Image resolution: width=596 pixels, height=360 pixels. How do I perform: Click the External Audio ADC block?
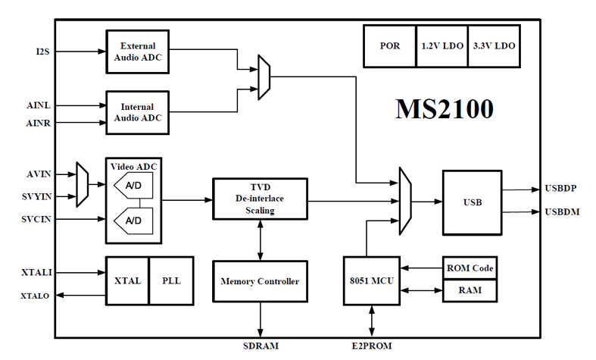click(138, 52)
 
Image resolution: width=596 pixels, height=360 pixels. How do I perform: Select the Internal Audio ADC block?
click(138, 113)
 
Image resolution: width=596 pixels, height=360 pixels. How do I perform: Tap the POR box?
click(390, 46)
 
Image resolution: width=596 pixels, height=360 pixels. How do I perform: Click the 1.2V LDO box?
click(442, 46)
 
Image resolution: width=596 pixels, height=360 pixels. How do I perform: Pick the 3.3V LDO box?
click(494, 46)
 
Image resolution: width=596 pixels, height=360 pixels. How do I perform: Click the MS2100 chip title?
click(445, 109)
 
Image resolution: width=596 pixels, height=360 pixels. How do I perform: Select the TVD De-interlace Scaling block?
click(260, 199)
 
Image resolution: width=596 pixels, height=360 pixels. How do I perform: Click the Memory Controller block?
click(260, 282)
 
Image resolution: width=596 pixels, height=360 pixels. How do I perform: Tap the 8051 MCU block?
click(372, 281)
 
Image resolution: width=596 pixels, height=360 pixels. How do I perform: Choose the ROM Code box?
click(470, 268)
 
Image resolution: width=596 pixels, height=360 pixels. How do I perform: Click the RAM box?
click(470, 291)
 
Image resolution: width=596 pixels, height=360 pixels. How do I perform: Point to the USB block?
click(473, 202)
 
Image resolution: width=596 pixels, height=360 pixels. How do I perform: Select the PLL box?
click(171, 281)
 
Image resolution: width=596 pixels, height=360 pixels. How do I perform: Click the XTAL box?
click(127, 281)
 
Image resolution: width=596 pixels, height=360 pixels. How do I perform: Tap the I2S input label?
click(42, 52)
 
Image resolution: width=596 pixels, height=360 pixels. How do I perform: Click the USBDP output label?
click(560, 189)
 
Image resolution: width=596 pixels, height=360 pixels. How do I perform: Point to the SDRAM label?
click(261, 346)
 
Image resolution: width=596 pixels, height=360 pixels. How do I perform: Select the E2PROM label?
click(372, 346)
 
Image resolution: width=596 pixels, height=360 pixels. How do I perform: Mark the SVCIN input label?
click(36, 219)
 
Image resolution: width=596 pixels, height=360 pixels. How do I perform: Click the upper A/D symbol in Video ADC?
click(133, 186)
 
